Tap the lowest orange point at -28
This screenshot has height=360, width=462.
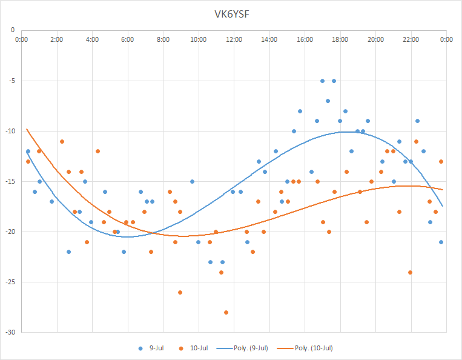pyautogui.click(x=226, y=312)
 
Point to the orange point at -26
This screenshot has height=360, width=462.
pyautogui.click(x=180, y=292)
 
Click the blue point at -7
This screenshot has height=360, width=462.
pyautogui.click(x=328, y=101)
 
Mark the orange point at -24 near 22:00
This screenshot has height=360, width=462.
pyautogui.click(x=410, y=272)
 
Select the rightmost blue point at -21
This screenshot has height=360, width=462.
pyautogui.click(x=441, y=242)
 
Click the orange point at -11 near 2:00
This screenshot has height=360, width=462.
pyautogui.click(x=62, y=141)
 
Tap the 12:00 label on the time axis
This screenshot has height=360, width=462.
pyautogui.click(x=234, y=40)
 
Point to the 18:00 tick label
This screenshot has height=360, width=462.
pyautogui.click(x=340, y=40)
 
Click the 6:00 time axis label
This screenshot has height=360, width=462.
pyautogui.click(x=128, y=40)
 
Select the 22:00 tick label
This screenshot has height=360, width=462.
pyautogui.click(x=411, y=40)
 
